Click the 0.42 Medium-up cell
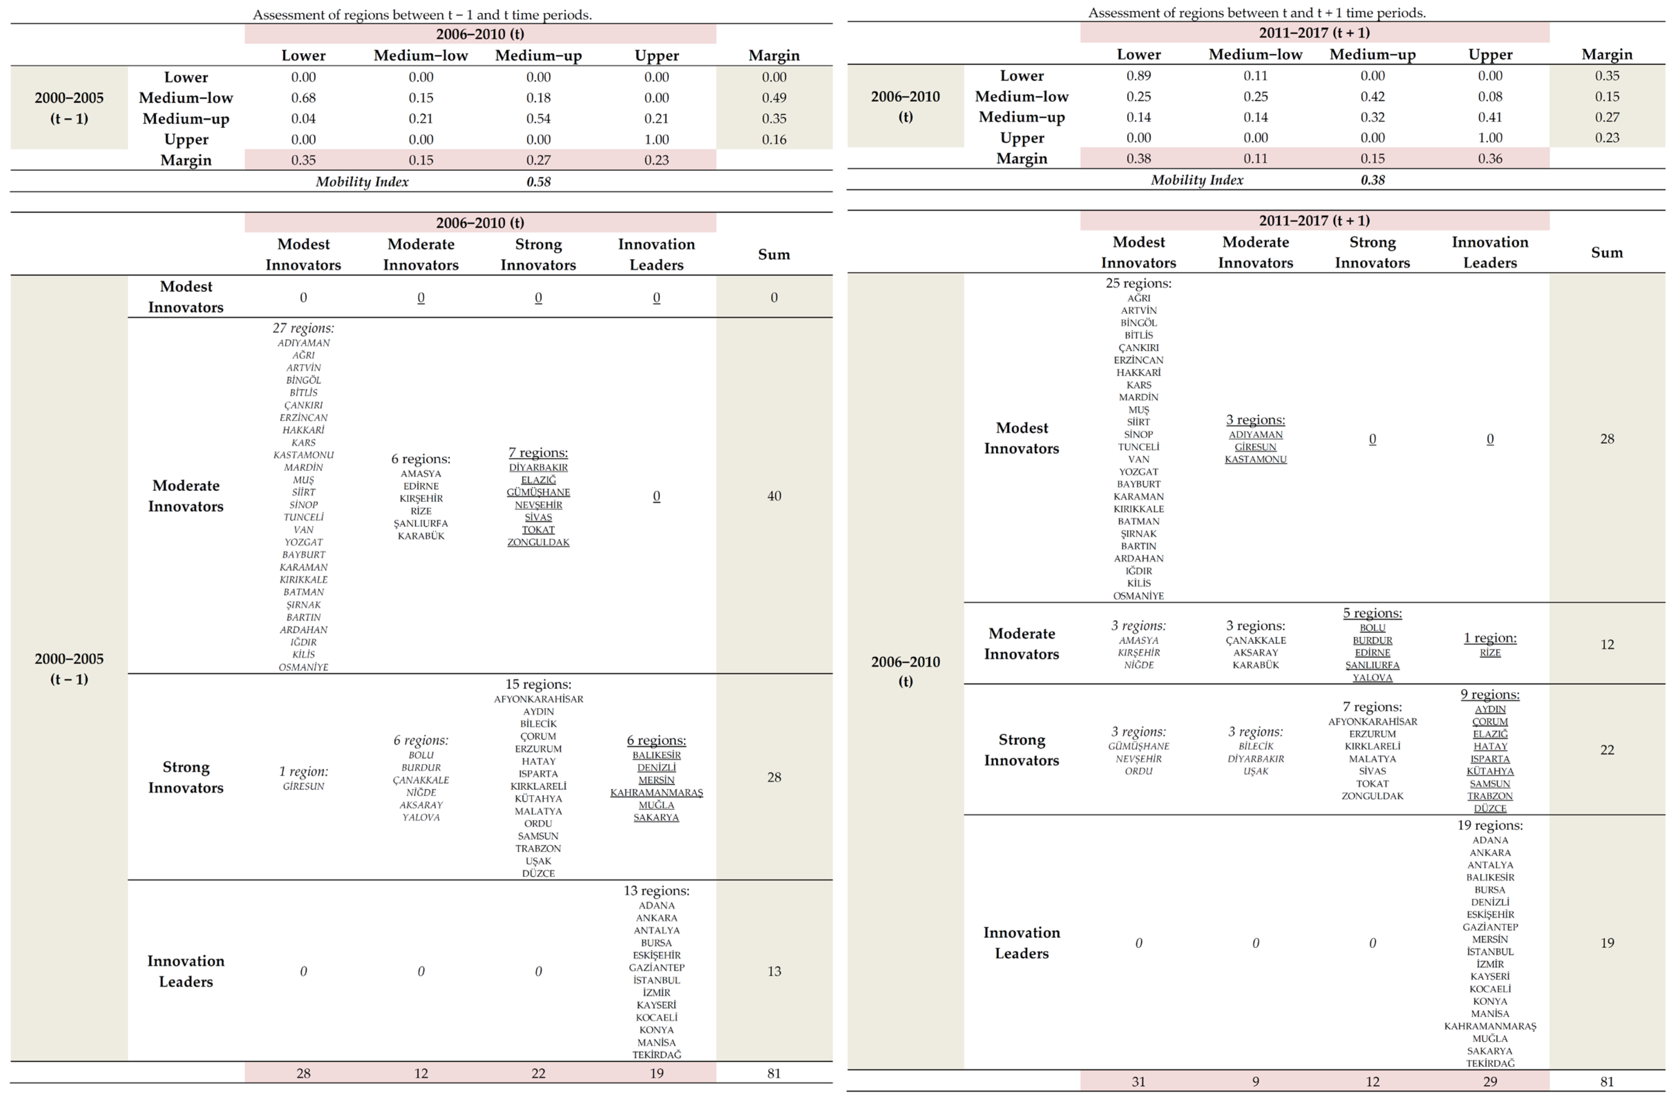coord(1372,96)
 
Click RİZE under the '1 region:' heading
coord(1490,653)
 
